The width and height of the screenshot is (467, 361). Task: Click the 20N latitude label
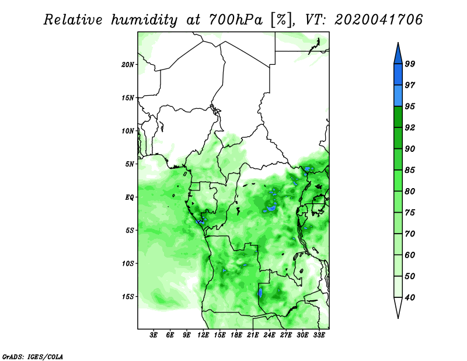(128, 64)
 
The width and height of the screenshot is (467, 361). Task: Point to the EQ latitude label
(129, 197)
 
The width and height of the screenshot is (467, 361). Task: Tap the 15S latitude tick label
(128, 297)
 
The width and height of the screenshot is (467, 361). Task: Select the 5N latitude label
(129, 164)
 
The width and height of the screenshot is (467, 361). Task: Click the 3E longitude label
(154, 335)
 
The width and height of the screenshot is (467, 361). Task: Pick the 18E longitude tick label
(236, 335)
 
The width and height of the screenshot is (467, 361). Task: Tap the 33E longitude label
(319, 335)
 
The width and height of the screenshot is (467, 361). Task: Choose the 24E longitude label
(269, 335)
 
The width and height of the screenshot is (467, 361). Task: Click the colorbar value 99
(410, 64)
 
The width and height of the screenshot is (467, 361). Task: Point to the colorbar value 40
(410, 297)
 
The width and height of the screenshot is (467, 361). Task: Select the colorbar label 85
(410, 170)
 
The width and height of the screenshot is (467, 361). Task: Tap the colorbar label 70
(410, 234)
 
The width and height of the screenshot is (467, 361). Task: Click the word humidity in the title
(144, 20)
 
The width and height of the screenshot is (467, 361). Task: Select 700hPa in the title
(236, 20)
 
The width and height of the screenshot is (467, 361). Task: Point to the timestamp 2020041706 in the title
(378, 20)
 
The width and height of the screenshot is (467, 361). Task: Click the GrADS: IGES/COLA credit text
(33, 356)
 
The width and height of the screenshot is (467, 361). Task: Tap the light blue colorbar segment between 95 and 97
(398, 96)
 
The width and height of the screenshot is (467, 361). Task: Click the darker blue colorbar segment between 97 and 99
(398, 75)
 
